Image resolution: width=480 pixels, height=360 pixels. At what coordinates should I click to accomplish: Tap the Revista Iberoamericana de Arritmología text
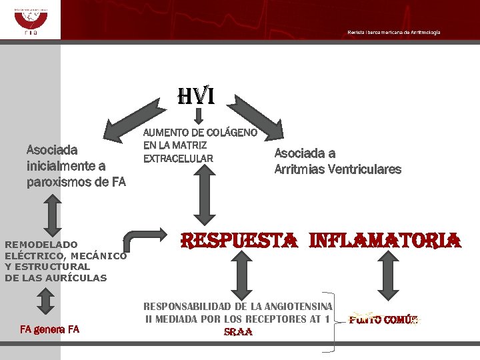tap(393, 33)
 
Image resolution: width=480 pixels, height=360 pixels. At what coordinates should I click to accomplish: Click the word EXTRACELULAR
tap(178, 158)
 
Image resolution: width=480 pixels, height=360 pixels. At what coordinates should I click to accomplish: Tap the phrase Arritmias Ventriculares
tap(338, 169)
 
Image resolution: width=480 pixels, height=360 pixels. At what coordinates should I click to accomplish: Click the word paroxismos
tap(57, 181)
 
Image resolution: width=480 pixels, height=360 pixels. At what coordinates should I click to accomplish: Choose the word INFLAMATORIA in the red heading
tap(385, 240)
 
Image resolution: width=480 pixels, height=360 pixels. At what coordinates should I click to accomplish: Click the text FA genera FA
tap(49, 329)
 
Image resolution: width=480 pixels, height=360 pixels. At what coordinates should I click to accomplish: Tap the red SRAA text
tap(238, 332)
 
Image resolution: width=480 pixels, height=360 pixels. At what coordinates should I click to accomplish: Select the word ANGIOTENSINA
tap(298, 306)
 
